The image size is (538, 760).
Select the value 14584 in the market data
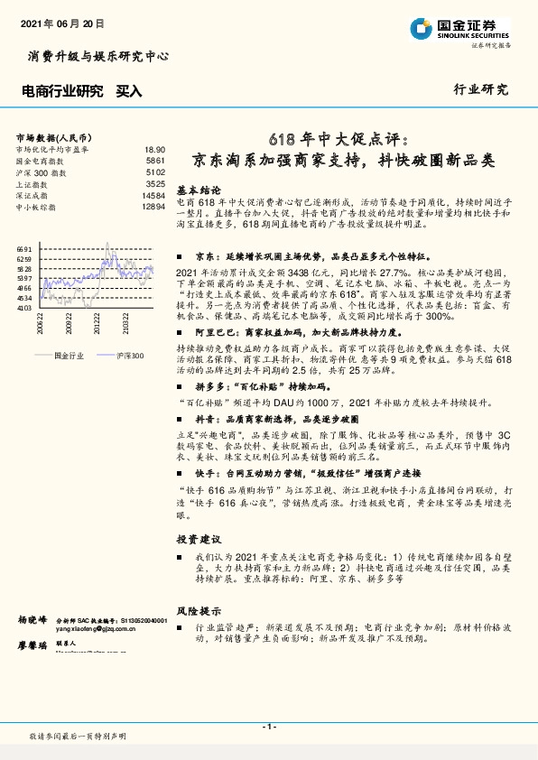(x=153, y=195)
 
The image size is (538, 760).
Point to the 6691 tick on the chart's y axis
(x=24, y=249)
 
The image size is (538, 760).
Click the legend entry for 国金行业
(x=69, y=357)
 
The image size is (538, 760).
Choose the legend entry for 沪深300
(x=130, y=357)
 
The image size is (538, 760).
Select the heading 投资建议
(x=199, y=538)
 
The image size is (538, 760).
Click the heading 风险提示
(x=199, y=610)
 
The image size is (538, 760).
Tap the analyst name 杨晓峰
(x=31, y=622)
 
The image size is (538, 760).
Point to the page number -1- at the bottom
(x=268, y=727)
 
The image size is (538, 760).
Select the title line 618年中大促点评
(x=339, y=139)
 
